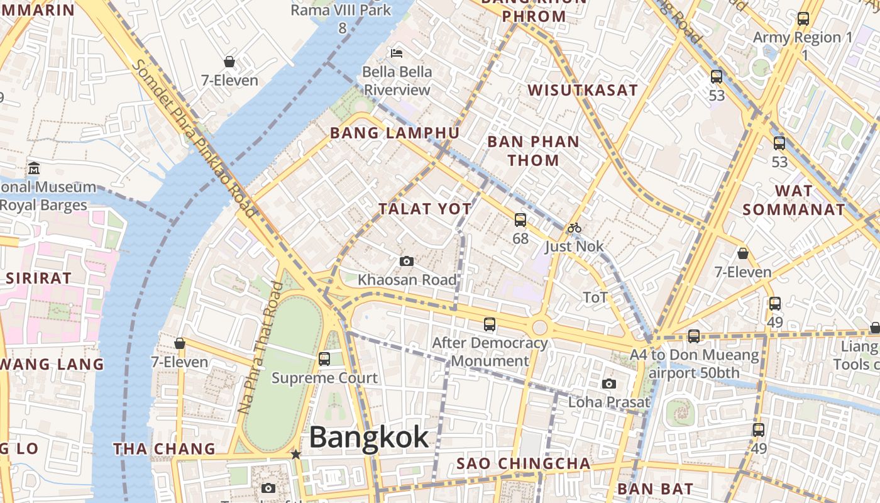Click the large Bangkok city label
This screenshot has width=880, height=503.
(x=369, y=438)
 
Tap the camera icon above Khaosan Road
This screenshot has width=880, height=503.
(x=407, y=261)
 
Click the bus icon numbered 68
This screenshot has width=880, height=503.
(x=520, y=220)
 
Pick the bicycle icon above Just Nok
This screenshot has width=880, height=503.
(x=574, y=228)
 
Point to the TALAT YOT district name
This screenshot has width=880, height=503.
(x=425, y=209)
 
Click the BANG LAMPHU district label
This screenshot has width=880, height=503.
(x=395, y=133)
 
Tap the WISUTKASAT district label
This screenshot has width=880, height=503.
(x=583, y=90)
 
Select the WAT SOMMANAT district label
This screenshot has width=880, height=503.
(x=793, y=200)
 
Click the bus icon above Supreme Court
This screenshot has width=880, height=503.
(x=324, y=359)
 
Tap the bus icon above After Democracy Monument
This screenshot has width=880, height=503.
(x=490, y=324)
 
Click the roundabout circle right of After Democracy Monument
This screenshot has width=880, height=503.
(x=539, y=328)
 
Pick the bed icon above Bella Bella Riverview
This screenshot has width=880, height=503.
(x=397, y=53)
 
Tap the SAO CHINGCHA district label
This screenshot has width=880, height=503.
(x=523, y=464)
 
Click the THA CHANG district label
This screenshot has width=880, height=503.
(x=164, y=448)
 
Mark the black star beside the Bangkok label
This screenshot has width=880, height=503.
(x=296, y=454)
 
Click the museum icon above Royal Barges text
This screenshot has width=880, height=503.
(x=34, y=169)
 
